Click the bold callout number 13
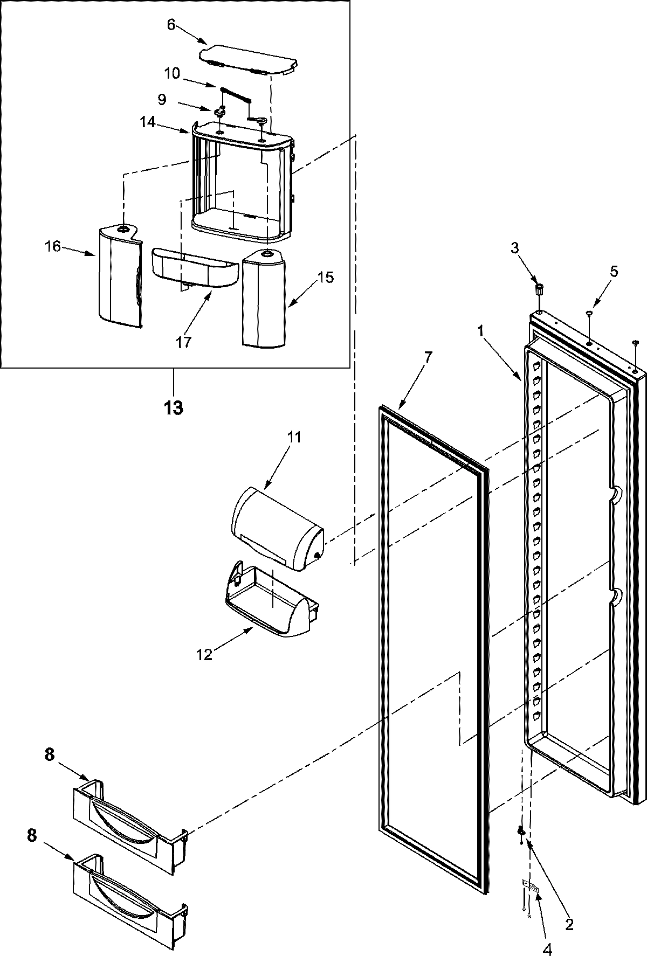(x=174, y=407)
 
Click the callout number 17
(x=183, y=342)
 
